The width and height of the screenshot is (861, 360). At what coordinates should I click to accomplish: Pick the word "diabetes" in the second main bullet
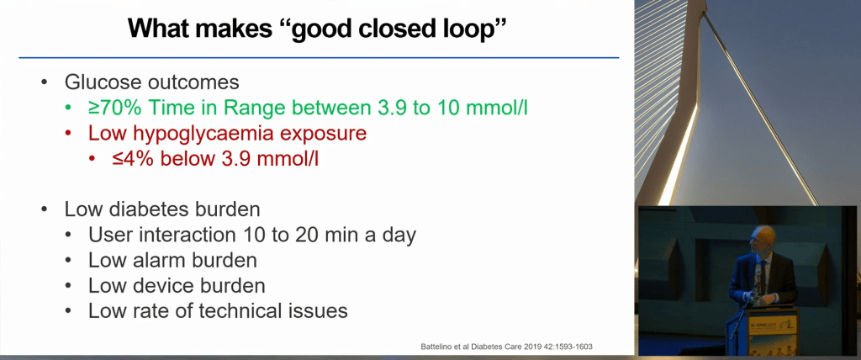point(155,210)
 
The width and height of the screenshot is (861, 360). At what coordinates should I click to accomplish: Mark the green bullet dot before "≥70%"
point(69,109)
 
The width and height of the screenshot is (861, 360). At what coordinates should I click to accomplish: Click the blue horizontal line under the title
point(319,57)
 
